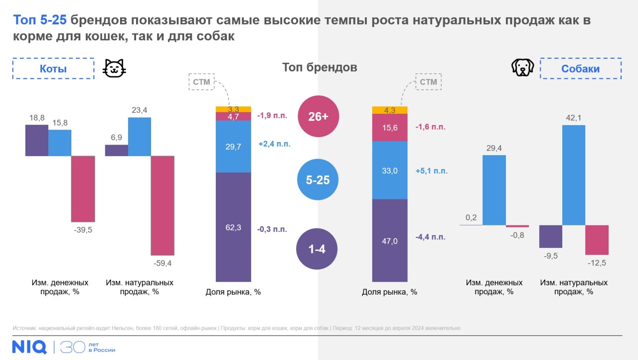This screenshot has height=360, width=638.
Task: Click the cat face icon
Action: point(114,68)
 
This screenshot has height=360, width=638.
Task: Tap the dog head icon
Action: point(522,68)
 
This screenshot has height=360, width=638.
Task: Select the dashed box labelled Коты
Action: point(53,69)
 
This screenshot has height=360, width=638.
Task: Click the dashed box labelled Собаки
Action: point(581,69)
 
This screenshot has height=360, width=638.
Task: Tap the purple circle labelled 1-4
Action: point(317,249)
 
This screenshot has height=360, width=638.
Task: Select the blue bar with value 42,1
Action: point(574,175)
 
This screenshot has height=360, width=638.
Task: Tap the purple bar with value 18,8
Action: point(37,140)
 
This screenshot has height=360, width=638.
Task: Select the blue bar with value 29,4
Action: point(494,190)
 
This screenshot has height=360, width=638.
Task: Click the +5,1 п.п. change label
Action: point(431,171)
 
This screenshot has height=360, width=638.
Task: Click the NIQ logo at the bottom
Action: point(29,346)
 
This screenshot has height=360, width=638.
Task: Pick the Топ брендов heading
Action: point(319,67)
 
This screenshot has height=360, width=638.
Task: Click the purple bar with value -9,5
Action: point(551,236)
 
